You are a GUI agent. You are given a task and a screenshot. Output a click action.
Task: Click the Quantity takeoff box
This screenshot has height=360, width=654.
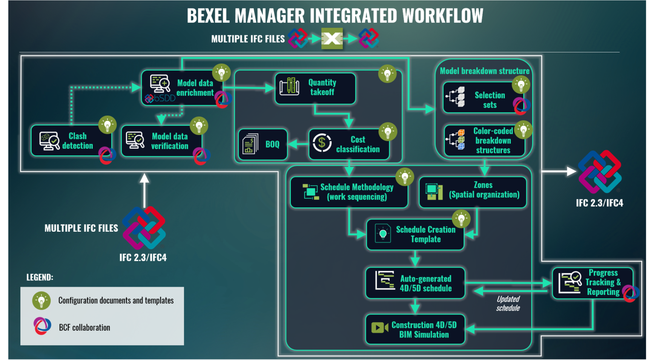315,88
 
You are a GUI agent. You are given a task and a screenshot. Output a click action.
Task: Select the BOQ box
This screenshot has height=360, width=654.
263,144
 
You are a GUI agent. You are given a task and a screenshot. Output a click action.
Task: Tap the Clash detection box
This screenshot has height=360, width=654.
71,141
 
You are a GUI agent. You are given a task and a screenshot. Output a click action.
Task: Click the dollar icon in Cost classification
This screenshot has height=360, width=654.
322,143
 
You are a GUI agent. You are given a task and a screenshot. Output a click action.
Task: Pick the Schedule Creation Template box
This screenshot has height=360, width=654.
415,234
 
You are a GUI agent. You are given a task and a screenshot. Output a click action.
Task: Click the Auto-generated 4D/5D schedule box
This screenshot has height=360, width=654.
415,283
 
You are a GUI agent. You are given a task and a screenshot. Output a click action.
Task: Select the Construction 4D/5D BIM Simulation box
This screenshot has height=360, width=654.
415,329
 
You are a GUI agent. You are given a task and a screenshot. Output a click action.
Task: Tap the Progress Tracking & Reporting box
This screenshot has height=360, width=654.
592,283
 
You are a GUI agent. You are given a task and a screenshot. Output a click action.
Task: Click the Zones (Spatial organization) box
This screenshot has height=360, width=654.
473,192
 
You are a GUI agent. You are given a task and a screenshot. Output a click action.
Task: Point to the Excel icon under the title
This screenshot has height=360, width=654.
332,39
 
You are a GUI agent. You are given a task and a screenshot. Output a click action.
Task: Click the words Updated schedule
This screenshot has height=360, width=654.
508,303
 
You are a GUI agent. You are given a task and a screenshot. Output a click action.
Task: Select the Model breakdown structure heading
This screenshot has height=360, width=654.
485,71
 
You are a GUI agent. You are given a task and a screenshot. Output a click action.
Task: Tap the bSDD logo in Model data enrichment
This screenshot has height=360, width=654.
160,98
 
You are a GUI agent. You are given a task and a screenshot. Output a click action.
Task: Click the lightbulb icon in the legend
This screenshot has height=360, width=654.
41,300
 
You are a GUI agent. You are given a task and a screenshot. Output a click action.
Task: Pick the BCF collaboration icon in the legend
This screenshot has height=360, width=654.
42,326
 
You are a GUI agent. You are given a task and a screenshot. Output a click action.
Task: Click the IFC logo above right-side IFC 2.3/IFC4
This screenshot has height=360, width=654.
599,172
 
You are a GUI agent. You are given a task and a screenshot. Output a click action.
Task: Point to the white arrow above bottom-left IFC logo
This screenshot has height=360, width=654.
145,189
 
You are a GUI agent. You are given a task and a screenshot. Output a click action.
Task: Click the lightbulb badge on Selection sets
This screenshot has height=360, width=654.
521,84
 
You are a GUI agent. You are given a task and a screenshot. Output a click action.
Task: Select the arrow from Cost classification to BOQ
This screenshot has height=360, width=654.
298,144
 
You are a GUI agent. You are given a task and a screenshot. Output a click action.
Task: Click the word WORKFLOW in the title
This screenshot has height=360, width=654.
443,16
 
